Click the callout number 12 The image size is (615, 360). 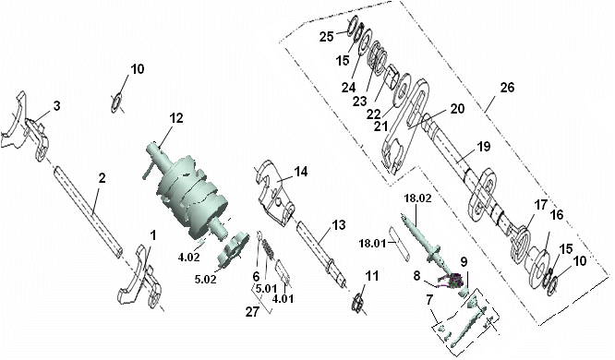176,117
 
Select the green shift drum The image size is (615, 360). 189,189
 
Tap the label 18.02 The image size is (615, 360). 417,198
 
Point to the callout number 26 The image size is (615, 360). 507,87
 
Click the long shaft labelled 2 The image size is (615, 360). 89,211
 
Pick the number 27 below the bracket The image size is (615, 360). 253,311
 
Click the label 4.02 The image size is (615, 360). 188,258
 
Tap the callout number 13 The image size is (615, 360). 339,225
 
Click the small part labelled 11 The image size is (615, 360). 357,303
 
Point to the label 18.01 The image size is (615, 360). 372,244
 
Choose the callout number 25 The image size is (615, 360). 326,37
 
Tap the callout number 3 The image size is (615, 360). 57,106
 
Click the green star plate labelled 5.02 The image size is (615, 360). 232,251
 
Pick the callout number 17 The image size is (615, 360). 541,205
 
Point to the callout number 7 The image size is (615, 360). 429,301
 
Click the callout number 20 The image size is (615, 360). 457,109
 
